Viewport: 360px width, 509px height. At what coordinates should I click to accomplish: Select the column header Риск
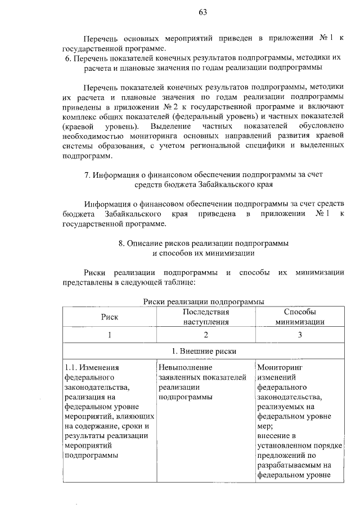point(109,317)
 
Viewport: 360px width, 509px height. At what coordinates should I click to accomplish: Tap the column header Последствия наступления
point(206,317)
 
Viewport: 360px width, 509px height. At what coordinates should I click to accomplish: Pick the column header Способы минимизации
point(299,317)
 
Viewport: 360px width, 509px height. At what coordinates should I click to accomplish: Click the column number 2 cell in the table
point(206,335)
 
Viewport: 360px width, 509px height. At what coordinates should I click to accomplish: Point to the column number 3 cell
point(300,335)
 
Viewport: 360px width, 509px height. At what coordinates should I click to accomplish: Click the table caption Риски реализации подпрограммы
point(204,303)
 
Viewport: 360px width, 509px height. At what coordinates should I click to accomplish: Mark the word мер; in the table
point(264,426)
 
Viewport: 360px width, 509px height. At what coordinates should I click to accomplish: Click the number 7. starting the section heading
point(88,174)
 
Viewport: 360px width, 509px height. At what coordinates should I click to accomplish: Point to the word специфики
point(260,145)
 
